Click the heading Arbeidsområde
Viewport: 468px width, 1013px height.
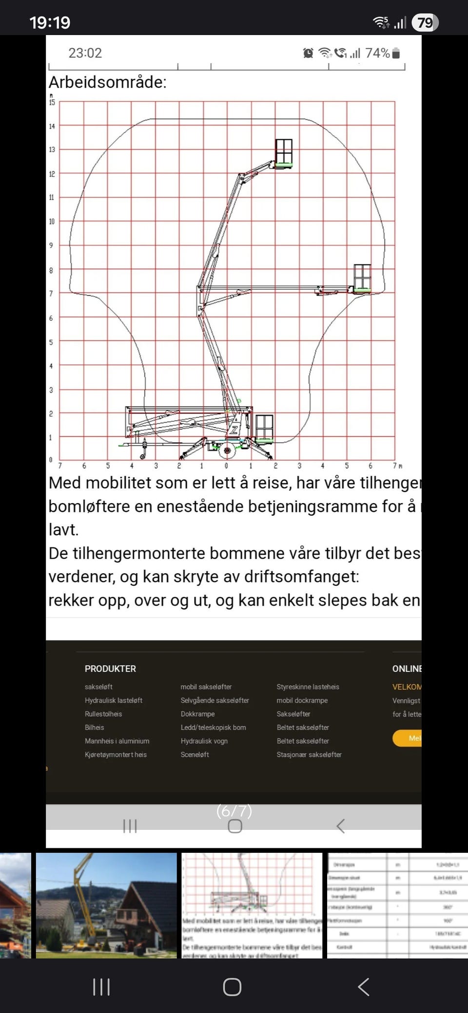tap(108, 82)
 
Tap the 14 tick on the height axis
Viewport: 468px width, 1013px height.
tap(52, 126)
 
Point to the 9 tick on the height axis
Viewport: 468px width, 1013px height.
tap(51, 245)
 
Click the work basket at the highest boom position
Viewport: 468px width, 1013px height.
tap(284, 152)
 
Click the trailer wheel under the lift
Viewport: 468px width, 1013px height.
tap(227, 450)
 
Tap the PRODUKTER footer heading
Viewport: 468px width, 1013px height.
tap(110, 669)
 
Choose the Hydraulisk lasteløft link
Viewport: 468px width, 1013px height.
tap(114, 700)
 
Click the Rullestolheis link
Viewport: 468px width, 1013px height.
tap(103, 714)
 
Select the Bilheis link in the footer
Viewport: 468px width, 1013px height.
tap(95, 728)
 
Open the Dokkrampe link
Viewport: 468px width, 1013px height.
tap(197, 714)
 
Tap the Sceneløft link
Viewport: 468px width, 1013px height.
tap(195, 754)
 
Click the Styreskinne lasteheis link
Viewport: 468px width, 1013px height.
tap(308, 687)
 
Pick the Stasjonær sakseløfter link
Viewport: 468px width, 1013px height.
tap(309, 754)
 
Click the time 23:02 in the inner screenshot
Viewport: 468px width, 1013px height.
tap(85, 53)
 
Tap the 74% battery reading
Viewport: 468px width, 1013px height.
tap(378, 53)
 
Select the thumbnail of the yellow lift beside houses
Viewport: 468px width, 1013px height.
tap(106, 905)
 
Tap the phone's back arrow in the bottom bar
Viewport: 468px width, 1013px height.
tap(363, 987)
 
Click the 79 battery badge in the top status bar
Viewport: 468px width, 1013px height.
tap(425, 22)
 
